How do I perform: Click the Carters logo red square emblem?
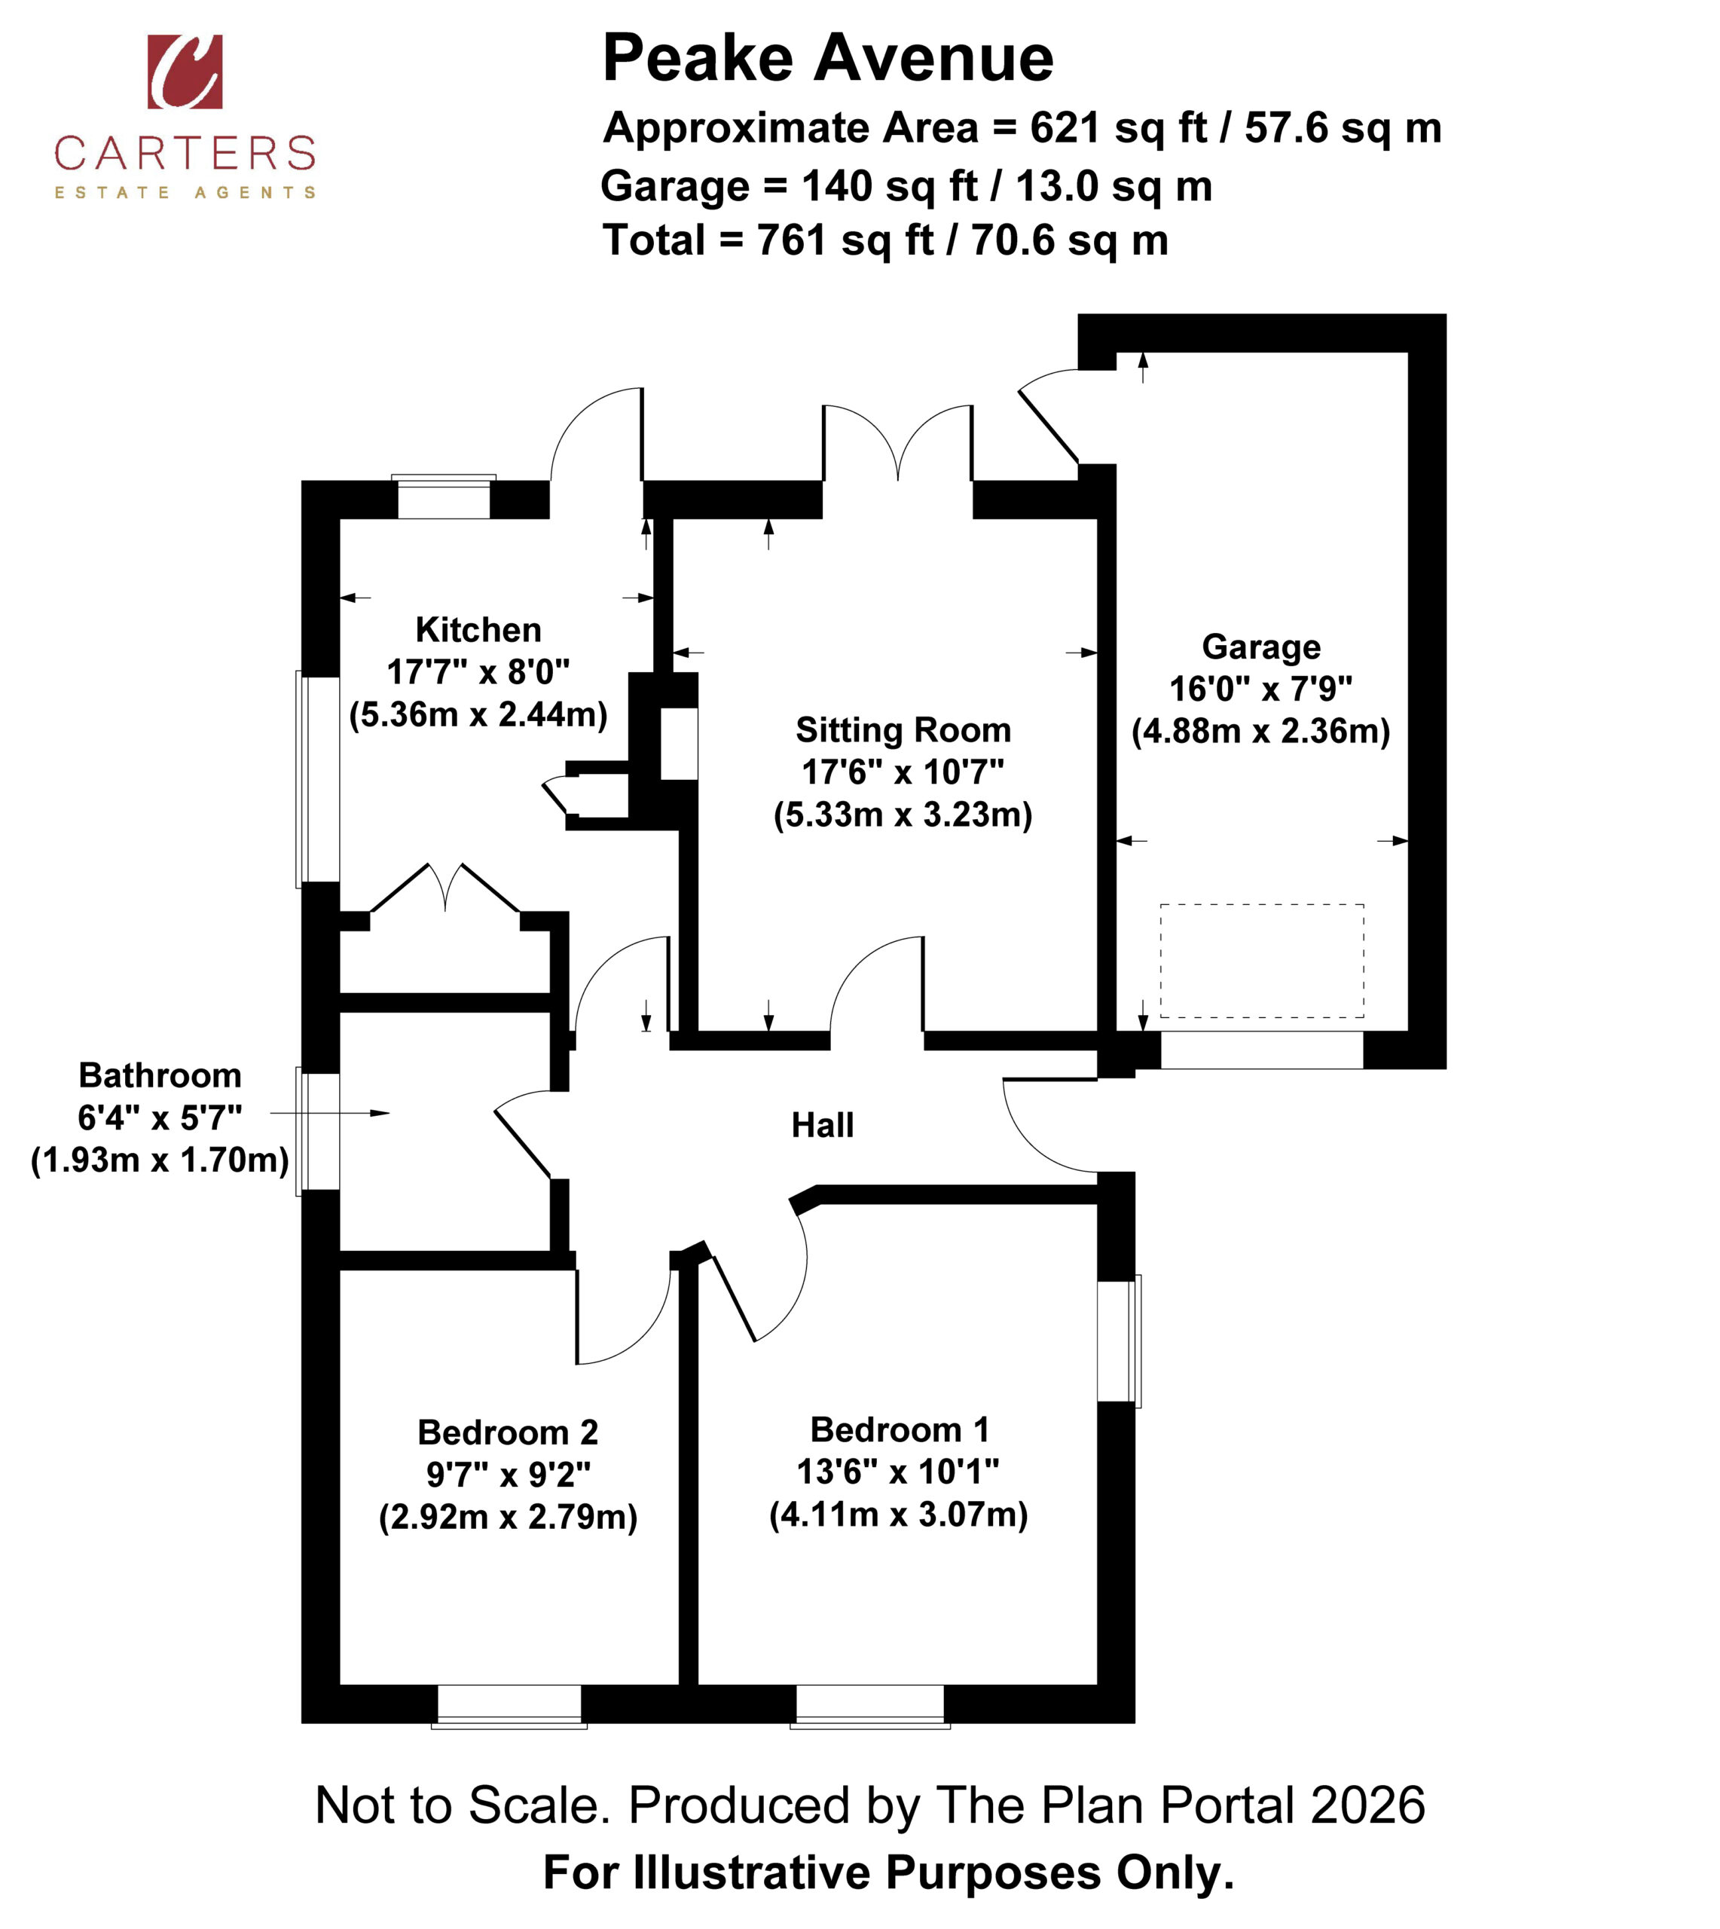(x=185, y=72)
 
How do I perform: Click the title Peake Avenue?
(x=828, y=59)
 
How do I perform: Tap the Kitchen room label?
(x=478, y=629)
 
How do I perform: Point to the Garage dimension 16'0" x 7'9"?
(x=1260, y=689)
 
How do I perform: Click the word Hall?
(x=822, y=1125)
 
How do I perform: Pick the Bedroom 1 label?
(x=900, y=1430)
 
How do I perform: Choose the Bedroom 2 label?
(x=509, y=1432)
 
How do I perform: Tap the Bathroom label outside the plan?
(x=160, y=1075)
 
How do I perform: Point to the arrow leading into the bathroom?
(x=330, y=1114)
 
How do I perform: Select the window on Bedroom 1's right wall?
(x=1119, y=1341)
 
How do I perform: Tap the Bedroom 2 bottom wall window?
(x=509, y=1706)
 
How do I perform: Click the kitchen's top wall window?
(x=445, y=497)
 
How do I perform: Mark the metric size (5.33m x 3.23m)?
(x=903, y=815)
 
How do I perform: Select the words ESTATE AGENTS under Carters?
(x=185, y=193)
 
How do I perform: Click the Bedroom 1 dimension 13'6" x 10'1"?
(x=898, y=1472)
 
